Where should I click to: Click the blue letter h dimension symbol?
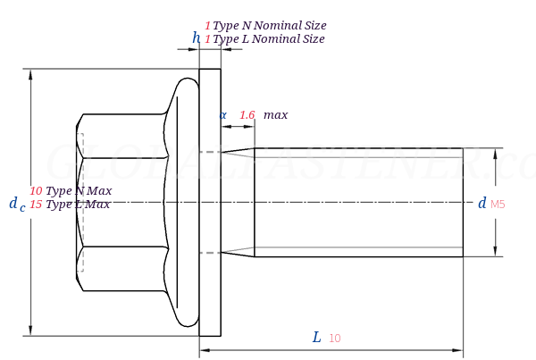tap(196, 38)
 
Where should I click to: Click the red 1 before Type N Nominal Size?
tap(207, 26)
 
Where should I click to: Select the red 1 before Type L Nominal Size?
tap(207, 39)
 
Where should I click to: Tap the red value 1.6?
tap(247, 115)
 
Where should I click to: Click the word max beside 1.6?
tap(275, 115)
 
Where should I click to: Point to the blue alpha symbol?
tap(222, 115)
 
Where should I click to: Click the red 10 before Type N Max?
tap(36, 191)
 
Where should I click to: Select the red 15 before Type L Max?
tap(36, 205)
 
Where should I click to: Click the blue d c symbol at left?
tap(17, 204)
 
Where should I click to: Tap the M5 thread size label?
tap(498, 205)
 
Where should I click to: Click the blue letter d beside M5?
tap(482, 203)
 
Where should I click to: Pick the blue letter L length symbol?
tap(317, 338)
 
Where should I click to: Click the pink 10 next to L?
tap(335, 339)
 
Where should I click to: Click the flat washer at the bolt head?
tap(210, 203)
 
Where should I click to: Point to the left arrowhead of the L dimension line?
tap(205, 350)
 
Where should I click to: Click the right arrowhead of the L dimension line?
tap(457, 350)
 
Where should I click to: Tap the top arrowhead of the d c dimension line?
tap(30, 74)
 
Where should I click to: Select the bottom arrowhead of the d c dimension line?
tap(30, 331)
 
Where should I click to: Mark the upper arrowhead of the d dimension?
tap(495, 154)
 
